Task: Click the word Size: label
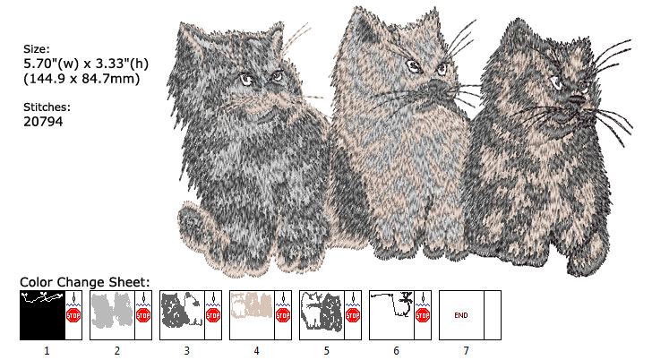[37, 49]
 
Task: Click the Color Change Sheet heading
[84, 281]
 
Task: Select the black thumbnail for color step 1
[42, 314]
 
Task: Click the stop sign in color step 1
[73, 315]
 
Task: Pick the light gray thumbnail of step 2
[112, 314]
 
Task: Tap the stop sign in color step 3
[213, 315]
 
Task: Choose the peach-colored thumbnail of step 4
[252, 314]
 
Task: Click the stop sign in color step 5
[353, 315]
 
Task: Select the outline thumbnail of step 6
[391, 314]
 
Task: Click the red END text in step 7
[461, 315]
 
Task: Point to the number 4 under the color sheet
[256, 351]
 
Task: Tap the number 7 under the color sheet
[466, 351]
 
